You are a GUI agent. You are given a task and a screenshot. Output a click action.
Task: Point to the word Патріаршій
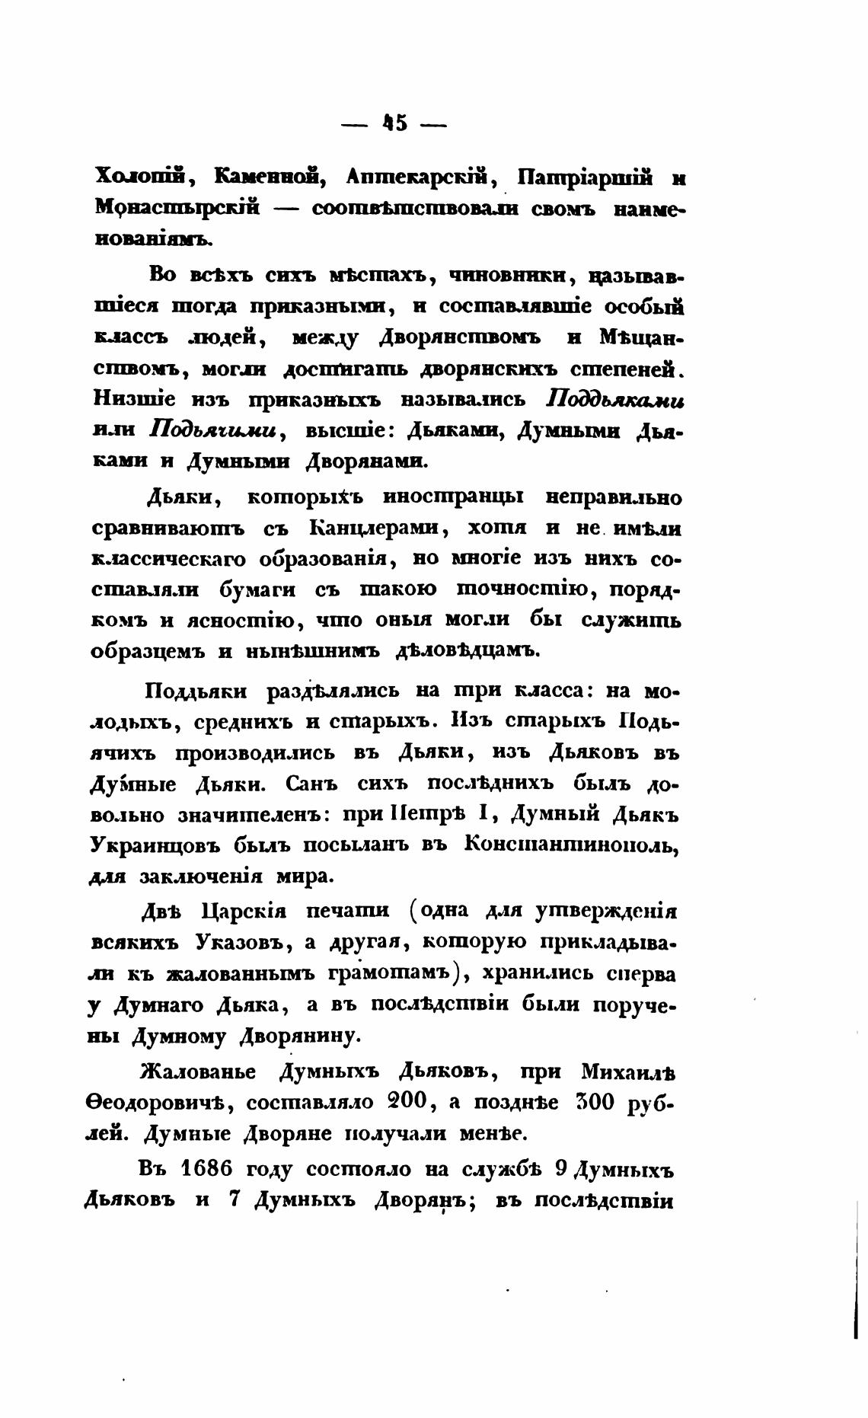click(x=585, y=178)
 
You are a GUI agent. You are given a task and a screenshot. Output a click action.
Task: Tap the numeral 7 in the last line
click(x=235, y=1199)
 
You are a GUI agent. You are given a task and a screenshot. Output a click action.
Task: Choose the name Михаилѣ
click(x=628, y=1071)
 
